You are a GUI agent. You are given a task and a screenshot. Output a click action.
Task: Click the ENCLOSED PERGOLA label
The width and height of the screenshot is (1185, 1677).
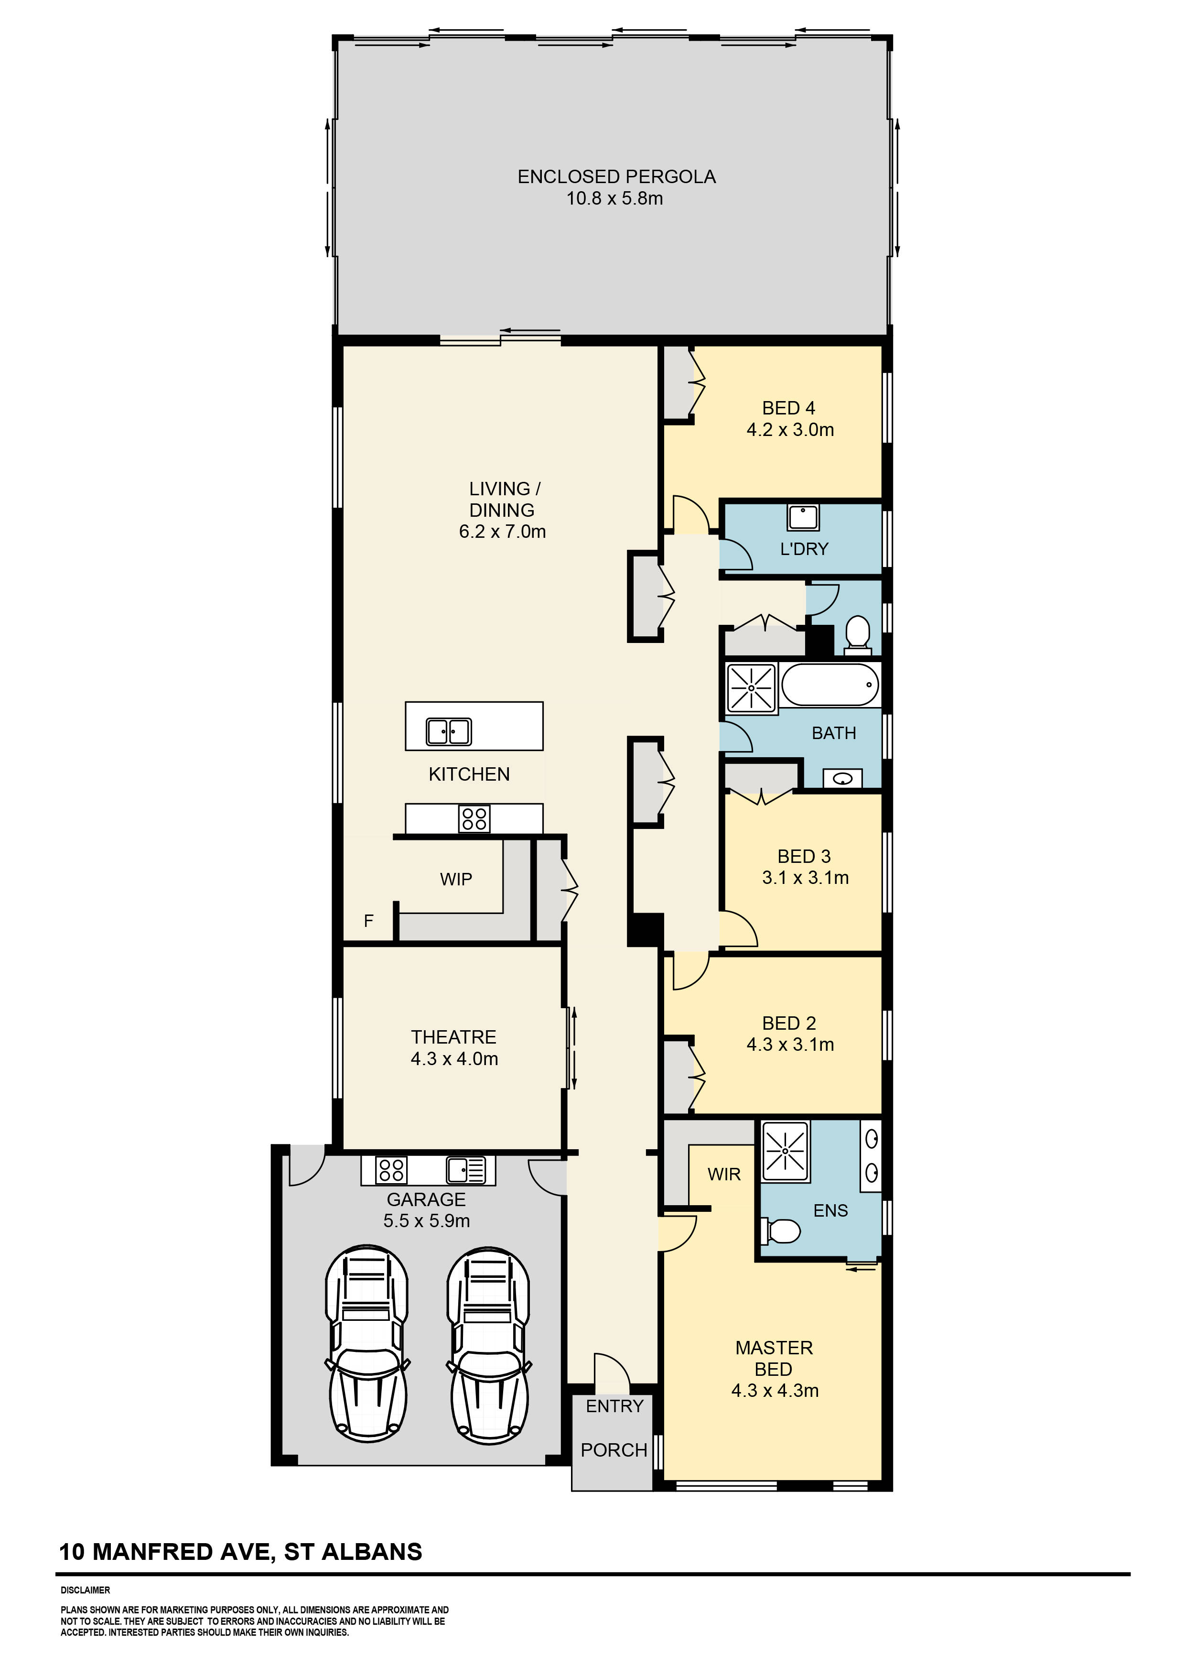click(616, 177)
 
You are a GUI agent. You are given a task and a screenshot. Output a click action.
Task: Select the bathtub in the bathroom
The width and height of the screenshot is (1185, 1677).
click(830, 685)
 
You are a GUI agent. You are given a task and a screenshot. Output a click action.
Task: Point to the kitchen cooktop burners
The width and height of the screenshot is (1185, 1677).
click(474, 819)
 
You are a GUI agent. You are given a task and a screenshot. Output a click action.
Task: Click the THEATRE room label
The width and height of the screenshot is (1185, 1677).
click(453, 1037)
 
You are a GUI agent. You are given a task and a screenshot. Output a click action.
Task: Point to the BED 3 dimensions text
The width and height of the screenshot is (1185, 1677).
click(805, 878)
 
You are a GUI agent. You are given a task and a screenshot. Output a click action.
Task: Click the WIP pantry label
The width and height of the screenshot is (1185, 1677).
click(455, 880)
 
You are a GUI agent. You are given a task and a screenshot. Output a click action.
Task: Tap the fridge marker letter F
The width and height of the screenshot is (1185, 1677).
click(369, 921)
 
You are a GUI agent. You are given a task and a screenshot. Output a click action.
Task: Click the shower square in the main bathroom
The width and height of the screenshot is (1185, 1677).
click(751, 688)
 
